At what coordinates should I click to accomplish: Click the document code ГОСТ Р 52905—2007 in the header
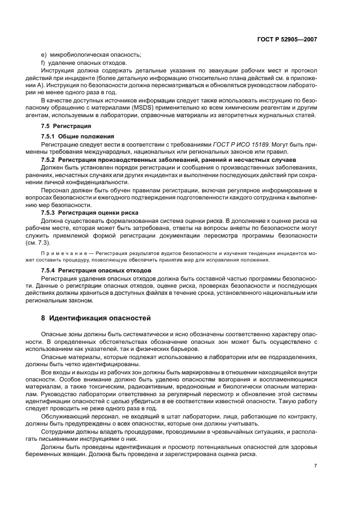click(288, 39)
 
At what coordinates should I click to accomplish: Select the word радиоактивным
click(152, 384)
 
